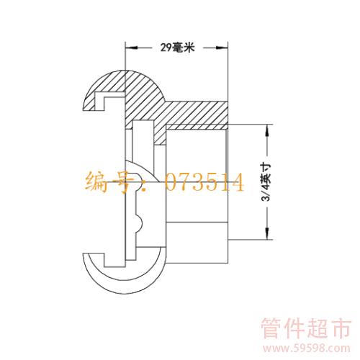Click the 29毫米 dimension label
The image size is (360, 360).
click(x=177, y=48)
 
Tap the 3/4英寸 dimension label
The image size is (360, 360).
click(x=267, y=182)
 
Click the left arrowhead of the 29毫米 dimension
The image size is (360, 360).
click(x=132, y=48)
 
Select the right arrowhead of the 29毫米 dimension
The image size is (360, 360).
click(x=221, y=48)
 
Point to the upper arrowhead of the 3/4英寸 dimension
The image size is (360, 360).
click(x=267, y=131)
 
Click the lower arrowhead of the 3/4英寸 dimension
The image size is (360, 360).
click(x=267, y=233)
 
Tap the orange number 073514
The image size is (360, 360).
click(x=204, y=182)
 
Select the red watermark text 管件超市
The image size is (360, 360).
click(x=306, y=328)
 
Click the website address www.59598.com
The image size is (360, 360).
click(x=306, y=348)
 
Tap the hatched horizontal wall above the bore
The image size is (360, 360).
click(x=196, y=113)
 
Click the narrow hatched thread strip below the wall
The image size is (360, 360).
click(x=197, y=127)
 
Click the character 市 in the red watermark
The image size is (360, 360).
click(x=340, y=328)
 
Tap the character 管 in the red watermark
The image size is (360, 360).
click(x=272, y=328)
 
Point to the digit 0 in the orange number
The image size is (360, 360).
click(x=172, y=182)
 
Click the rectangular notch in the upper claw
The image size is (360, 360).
click(x=99, y=102)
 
